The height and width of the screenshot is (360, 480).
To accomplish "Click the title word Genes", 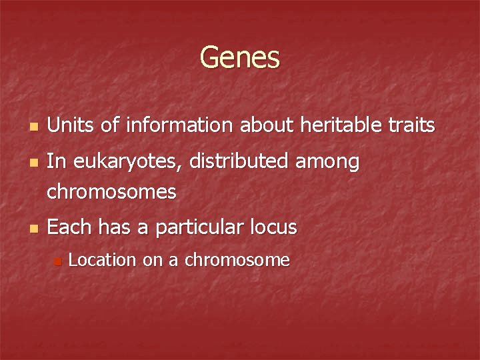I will point(239,57).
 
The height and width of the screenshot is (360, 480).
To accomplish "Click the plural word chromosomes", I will point(112,193).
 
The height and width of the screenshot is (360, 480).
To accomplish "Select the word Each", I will point(70,227).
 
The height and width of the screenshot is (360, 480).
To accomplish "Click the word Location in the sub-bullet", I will point(103,260).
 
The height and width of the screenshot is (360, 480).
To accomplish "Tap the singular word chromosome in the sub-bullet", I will point(237,260).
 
